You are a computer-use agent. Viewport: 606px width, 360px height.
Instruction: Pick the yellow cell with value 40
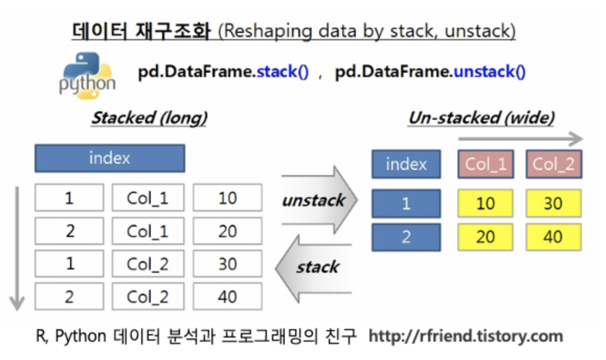point(553,237)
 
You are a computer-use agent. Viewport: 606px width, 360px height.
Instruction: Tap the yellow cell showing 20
point(485,237)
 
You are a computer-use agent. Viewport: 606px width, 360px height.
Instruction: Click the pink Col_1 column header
point(486,164)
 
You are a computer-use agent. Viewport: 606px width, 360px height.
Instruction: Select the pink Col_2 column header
point(554,164)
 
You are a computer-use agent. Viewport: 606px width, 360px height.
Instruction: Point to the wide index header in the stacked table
point(109,158)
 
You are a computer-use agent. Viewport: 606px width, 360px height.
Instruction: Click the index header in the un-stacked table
point(406,164)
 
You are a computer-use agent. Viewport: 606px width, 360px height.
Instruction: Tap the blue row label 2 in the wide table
point(406,237)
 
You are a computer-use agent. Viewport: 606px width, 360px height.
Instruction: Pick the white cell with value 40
point(227,297)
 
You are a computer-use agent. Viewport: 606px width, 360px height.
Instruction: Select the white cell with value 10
point(227,198)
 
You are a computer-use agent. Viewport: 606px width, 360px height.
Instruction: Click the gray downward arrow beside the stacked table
point(17,246)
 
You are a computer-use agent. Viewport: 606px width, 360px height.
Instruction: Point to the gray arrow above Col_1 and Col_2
point(520,139)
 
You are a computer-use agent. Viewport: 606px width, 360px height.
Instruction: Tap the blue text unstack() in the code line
point(489,72)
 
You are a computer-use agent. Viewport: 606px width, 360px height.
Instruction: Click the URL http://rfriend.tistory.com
point(466,336)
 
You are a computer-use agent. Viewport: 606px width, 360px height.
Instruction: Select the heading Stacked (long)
point(150,118)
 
